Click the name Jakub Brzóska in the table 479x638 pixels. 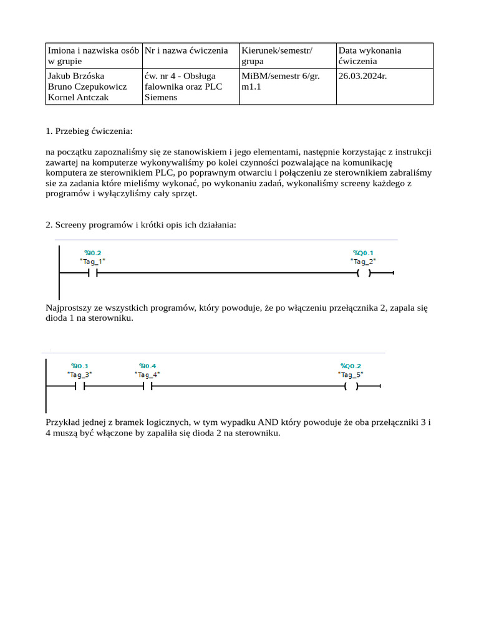pos(76,76)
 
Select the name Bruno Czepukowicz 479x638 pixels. pos(87,87)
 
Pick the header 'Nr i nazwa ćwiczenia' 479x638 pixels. pos(186,50)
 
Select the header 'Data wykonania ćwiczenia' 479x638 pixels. pos(370,55)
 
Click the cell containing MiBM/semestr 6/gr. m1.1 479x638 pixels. pos(277,81)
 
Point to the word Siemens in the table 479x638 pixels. pos(161,97)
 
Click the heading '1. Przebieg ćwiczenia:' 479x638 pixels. pos(89,131)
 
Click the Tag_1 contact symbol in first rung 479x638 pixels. pos(93,273)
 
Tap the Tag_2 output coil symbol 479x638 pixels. pos(364,273)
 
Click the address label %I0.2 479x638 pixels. pos(92,253)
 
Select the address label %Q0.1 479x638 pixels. pos(363,253)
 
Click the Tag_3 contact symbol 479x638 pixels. pos(79,386)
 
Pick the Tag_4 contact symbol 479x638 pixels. pos(147,386)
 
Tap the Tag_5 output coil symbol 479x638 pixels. pos(351,386)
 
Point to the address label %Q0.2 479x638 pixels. pos(351,366)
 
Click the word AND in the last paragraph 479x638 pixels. pos(260,422)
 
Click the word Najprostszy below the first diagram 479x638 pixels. pos(68,308)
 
